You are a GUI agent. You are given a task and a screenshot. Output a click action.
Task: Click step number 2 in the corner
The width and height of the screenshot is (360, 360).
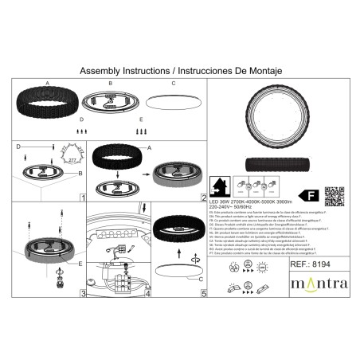coord(204,197)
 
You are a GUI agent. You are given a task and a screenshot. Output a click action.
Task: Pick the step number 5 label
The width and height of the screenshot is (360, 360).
coord(204,294)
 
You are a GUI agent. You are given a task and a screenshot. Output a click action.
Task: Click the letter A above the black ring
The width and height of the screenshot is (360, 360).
coord(47,83)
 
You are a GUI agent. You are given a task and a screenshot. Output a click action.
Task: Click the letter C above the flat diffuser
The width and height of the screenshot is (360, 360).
coord(172,83)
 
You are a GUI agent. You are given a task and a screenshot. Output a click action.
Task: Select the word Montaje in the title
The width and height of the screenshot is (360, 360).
coord(255,70)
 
